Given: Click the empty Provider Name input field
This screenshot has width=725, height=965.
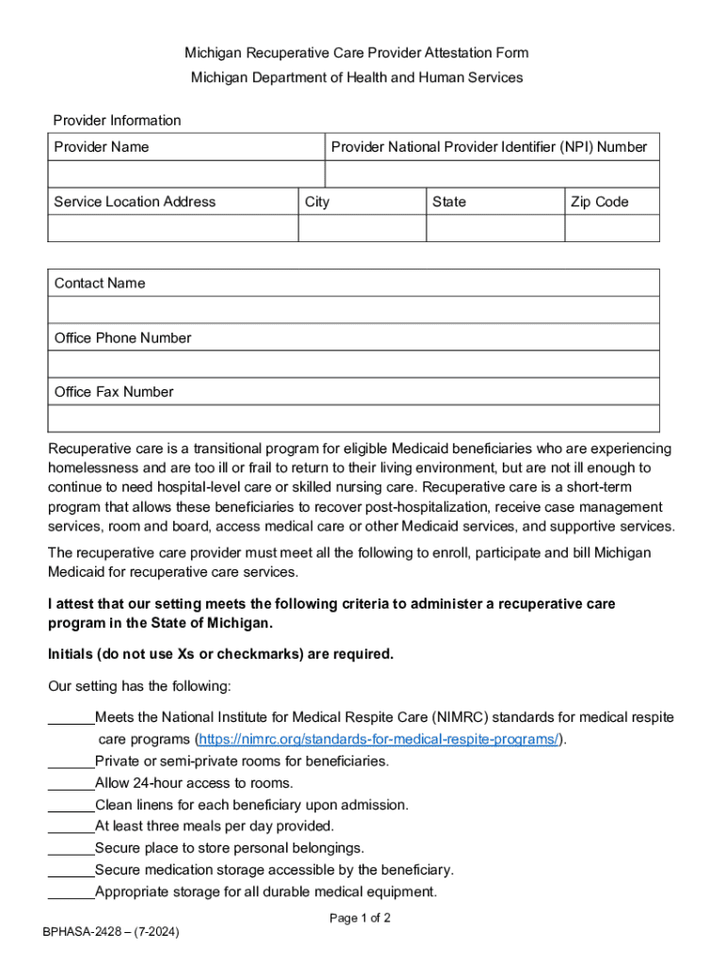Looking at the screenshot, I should pyautogui.click(x=186, y=174).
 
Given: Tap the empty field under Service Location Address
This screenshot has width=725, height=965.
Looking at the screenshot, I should pyautogui.click(x=172, y=229).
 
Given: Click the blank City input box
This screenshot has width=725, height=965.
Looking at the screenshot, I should pyautogui.click(x=362, y=229).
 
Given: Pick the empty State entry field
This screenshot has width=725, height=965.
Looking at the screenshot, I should pyautogui.click(x=495, y=229).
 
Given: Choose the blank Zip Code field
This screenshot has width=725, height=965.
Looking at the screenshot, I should pyautogui.click(x=612, y=229).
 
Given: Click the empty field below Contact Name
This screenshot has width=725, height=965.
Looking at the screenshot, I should pyautogui.click(x=353, y=310).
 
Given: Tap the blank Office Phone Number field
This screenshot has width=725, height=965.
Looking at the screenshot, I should pyautogui.click(x=353, y=365).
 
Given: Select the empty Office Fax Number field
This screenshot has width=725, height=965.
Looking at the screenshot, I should pyautogui.click(x=353, y=418).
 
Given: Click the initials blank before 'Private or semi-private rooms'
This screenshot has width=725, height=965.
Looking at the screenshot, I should pyautogui.click(x=71, y=761).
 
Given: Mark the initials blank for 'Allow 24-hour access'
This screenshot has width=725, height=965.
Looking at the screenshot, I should pyautogui.click(x=71, y=783).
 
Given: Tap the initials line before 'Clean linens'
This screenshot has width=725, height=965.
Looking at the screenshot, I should pyautogui.click(x=71, y=805).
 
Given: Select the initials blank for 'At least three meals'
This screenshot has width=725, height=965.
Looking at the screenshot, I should pyautogui.click(x=71, y=826).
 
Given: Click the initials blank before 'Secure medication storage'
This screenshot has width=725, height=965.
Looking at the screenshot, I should pyautogui.click(x=71, y=870).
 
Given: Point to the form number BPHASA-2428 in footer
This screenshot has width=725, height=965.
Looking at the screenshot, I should pyautogui.click(x=111, y=932).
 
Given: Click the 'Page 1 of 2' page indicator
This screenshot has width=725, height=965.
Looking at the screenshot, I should pyautogui.click(x=360, y=918).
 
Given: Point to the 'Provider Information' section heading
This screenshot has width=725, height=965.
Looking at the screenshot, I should pyautogui.click(x=117, y=121).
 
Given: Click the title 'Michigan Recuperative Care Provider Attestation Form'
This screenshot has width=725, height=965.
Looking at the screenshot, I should pyautogui.click(x=356, y=53).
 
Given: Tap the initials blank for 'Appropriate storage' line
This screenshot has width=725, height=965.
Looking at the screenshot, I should pyautogui.click(x=71, y=891).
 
